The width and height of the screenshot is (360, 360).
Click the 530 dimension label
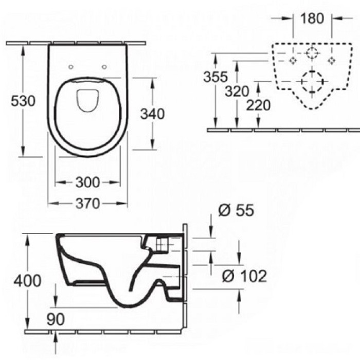(24, 101)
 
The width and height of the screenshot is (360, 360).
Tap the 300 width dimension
(88, 183)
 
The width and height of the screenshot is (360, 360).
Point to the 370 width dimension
(88, 204)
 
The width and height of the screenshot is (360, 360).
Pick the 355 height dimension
(215, 77)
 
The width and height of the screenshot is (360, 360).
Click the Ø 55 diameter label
(236, 210)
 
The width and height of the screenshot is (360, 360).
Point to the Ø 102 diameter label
(244, 276)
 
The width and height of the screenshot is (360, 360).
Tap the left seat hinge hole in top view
(71, 66)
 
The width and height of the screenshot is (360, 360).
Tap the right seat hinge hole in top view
(105, 66)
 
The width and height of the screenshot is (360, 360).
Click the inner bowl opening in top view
(88, 101)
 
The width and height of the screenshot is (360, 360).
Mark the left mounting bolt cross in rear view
(293, 60)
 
